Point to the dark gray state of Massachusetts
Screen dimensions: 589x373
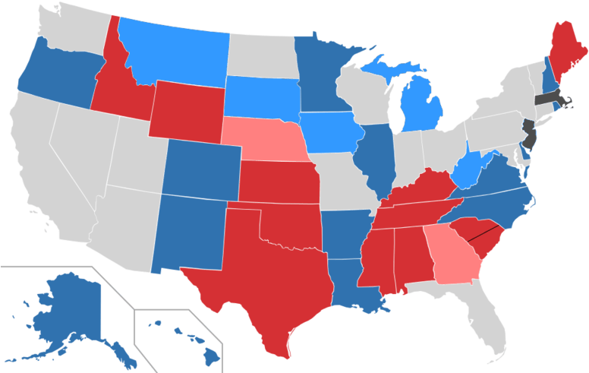click(x=550, y=99)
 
